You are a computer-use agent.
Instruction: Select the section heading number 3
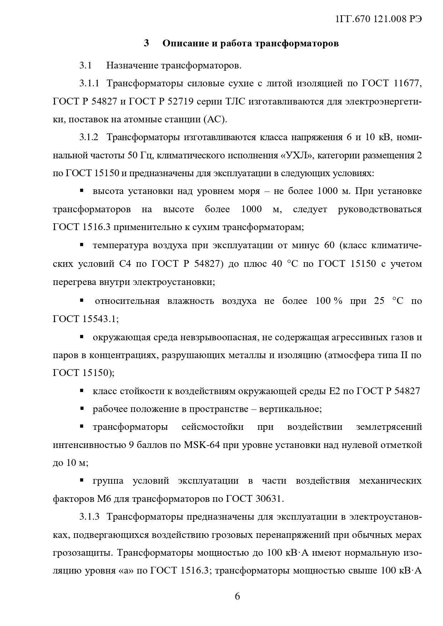[146, 44]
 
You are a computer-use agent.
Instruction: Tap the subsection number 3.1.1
[89, 84]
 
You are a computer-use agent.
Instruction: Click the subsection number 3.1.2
[89, 138]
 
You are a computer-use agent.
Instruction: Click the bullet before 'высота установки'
[82, 191]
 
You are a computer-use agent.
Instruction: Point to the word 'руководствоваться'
[380, 209]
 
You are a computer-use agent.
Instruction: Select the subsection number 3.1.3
[89, 517]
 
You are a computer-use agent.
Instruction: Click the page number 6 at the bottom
[237, 596]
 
